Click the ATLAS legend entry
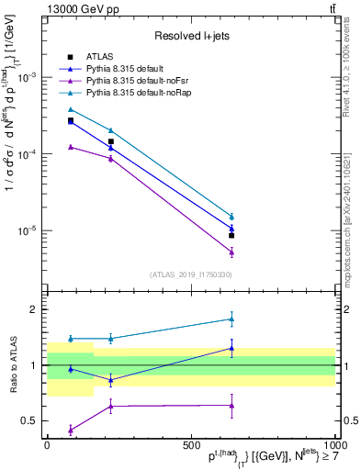click(98, 57)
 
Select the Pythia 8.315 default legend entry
click(126, 69)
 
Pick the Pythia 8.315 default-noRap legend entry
click(134, 93)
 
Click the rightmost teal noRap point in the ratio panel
click(231, 319)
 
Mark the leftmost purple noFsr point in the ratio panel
click(71, 430)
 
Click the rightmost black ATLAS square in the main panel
click(231, 236)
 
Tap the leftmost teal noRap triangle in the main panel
click(71, 109)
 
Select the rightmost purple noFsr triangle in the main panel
click(231, 252)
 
